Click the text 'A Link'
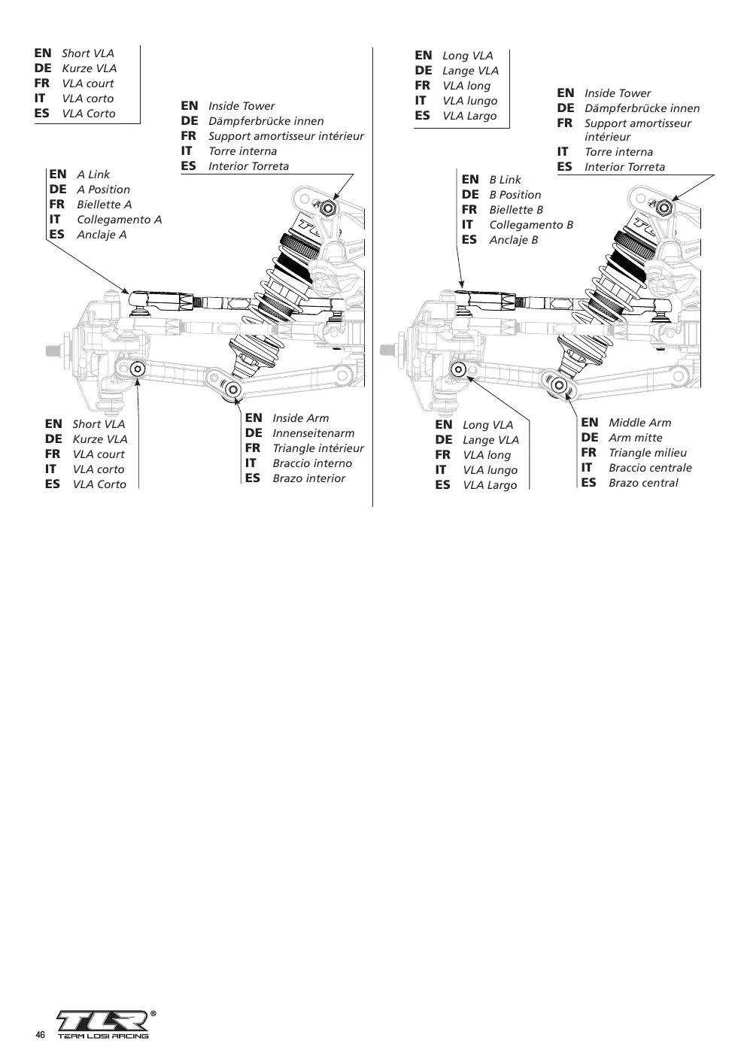[93, 174]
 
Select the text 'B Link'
[505, 180]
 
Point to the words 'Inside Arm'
[300, 418]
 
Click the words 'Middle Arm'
[639, 423]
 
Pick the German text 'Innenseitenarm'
[313, 433]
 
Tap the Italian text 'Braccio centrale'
[650, 468]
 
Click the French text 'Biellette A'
[105, 205]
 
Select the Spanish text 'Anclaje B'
[514, 240]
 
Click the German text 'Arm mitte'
[635, 438]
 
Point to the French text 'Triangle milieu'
[648, 453]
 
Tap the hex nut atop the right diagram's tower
[664, 207]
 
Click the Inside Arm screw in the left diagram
[232, 389]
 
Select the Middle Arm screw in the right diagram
[560, 386]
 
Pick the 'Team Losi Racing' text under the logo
[103, 1036]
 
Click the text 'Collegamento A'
[120, 220]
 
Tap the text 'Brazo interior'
[309, 478]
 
